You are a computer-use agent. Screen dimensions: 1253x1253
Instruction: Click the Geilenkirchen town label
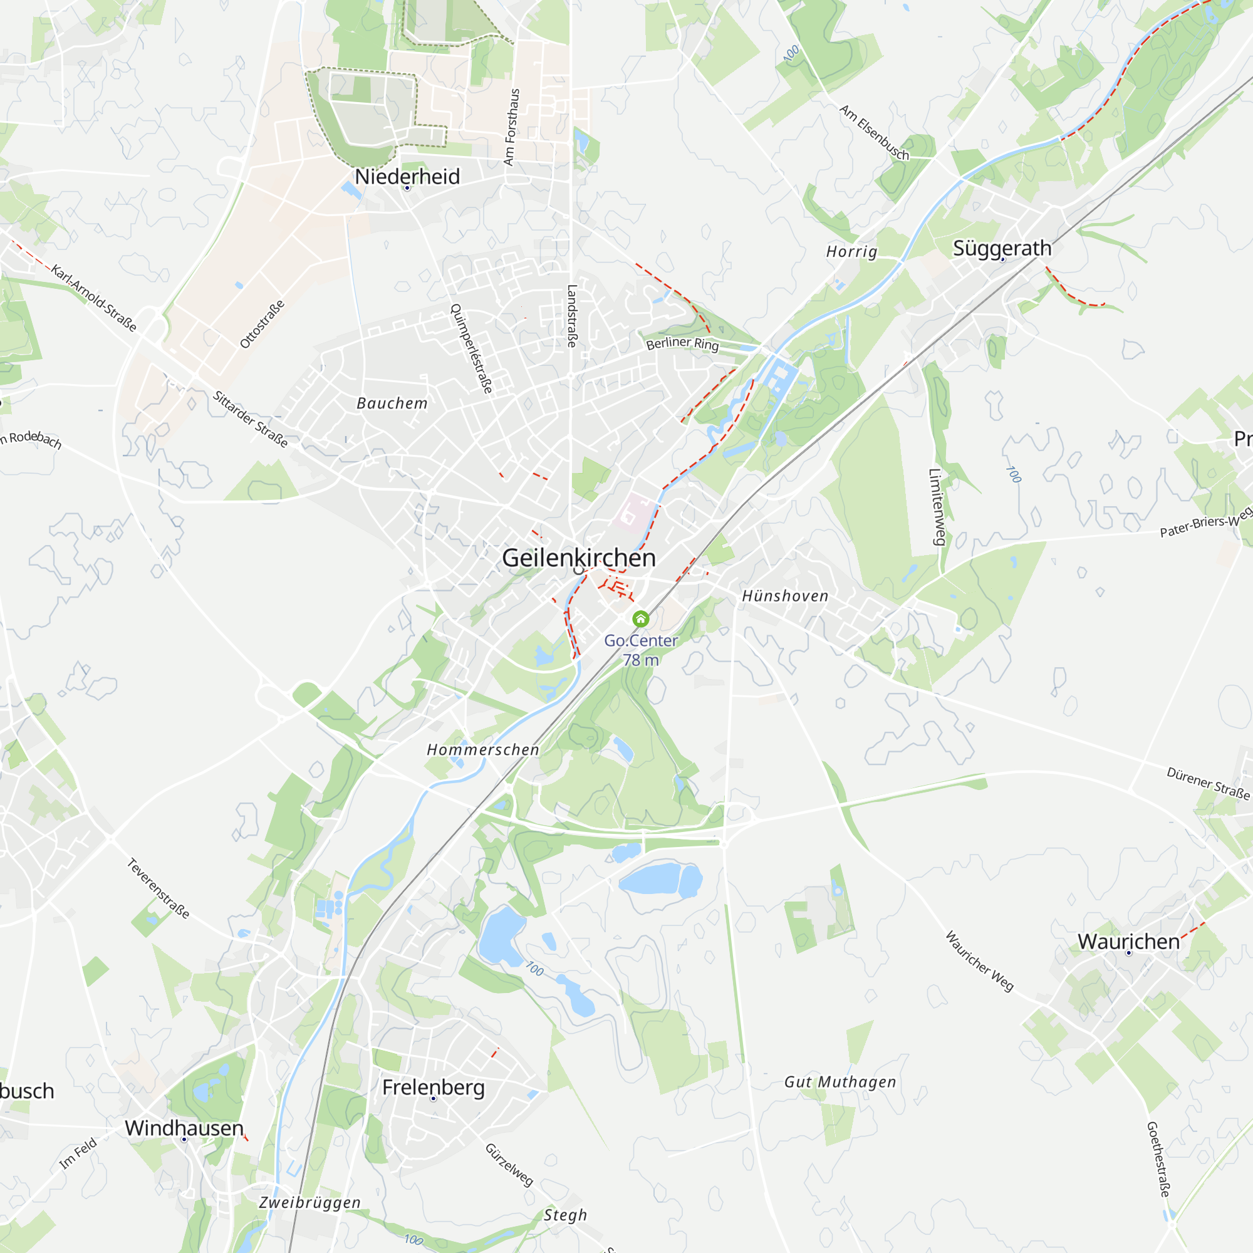(578, 558)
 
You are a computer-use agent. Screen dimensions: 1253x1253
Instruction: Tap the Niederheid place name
(407, 177)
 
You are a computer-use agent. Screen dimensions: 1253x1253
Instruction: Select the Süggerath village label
(1002, 247)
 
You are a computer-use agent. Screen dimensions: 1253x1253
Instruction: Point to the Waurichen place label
(1128, 942)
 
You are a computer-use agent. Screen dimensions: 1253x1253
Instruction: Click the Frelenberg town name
(434, 1087)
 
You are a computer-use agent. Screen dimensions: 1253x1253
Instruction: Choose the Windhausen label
(184, 1128)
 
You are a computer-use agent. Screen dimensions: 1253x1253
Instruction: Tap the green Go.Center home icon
(641, 619)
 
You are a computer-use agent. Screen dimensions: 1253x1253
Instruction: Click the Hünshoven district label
(785, 596)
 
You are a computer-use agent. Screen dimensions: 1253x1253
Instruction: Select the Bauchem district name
(392, 403)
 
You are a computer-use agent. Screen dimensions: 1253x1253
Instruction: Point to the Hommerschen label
(483, 750)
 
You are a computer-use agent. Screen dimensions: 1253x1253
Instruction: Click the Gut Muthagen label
(840, 1082)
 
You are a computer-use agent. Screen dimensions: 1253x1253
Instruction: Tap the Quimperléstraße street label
(472, 349)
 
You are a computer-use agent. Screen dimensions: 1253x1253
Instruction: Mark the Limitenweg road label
(937, 506)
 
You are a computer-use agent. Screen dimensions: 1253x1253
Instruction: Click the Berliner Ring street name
(682, 343)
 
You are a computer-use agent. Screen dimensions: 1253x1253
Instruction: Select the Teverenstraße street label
(159, 888)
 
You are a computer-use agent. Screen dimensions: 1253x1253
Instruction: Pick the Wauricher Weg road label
(979, 961)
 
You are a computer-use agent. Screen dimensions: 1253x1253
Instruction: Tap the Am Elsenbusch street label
(874, 132)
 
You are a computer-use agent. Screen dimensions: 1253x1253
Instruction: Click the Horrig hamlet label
(851, 252)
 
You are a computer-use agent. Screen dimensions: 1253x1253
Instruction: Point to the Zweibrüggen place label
(310, 1202)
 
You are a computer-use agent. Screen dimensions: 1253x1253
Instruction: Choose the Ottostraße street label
(262, 324)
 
